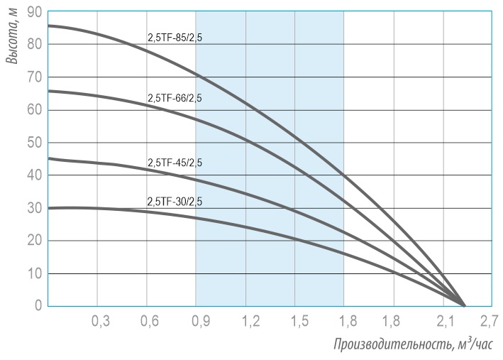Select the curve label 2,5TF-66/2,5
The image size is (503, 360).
(x=175, y=99)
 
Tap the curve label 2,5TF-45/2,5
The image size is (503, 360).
(x=175, y=163)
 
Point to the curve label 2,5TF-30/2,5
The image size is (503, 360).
(x=175, y=202)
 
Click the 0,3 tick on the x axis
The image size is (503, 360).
(x=101, y=322)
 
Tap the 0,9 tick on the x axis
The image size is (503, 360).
(x=199, y=322)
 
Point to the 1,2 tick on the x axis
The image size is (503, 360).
(x=250, y=322)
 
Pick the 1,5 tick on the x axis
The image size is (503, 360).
(x=299, y=322)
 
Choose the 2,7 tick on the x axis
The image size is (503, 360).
(x=488, y=322)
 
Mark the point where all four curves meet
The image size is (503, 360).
(x=464, y=305)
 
